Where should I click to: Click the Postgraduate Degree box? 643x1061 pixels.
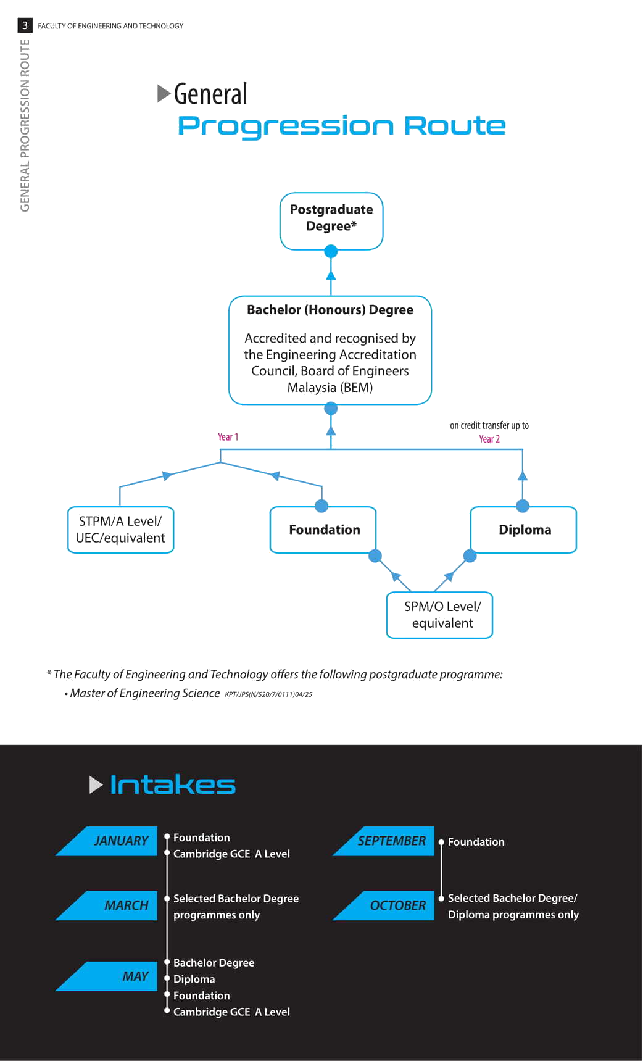[x=331, y=221]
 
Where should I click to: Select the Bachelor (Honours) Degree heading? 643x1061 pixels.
[x=330, y=310]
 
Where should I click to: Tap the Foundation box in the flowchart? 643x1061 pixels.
[x=323, y=530]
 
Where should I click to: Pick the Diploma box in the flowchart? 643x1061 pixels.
[x=523, y=530]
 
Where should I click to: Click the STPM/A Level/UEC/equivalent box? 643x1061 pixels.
[x=120, y=530]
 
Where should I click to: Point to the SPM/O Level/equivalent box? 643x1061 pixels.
[x=439, y=615]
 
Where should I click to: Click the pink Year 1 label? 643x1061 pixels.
[x=228, y=437]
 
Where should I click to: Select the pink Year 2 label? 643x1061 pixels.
[x=489, y=439]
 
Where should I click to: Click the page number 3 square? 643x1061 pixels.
[x=25, y=25]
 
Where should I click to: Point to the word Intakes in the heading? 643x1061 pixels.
[x=173, y=785]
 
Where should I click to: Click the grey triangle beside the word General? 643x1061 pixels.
[x=164, y=93]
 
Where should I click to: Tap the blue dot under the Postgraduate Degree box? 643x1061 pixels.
[x=331, y=251]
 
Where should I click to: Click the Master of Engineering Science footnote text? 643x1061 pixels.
[x=145, y=693]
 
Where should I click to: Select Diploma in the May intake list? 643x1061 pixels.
[x=194, y=979]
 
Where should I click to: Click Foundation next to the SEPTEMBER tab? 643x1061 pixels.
[x=476, y=842]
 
